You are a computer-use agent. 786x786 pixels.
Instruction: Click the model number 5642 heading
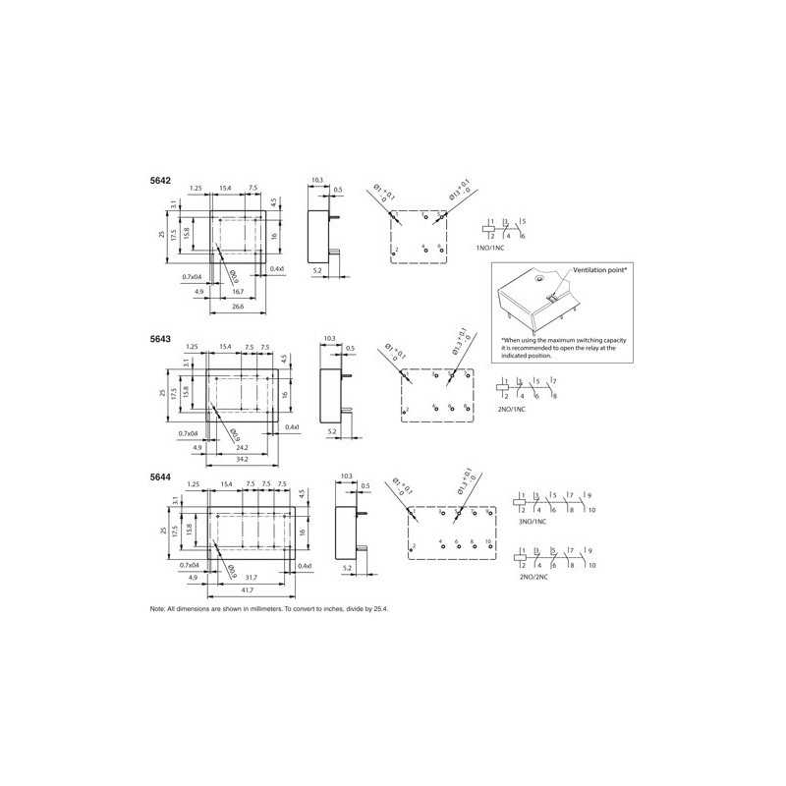(x=159, y=181)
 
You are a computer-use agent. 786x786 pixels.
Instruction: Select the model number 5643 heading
(x=159, y=339)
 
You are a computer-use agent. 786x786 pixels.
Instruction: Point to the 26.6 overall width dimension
(x=239, y=307)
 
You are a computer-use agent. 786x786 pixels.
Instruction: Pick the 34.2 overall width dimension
(x=242, y=459)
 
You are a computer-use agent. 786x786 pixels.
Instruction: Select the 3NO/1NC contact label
(x=533, y=522)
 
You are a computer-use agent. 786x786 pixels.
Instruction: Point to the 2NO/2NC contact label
(x=533, y=578)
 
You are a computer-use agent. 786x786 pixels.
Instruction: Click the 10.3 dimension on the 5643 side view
(x=329, y=339)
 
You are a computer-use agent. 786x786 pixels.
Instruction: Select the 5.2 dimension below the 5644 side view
(x=346, y=569)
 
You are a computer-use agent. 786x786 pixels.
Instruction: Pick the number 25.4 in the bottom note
(x=380, y=609)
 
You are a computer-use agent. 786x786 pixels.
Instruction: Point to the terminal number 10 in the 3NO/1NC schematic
(x=591, y=511)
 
